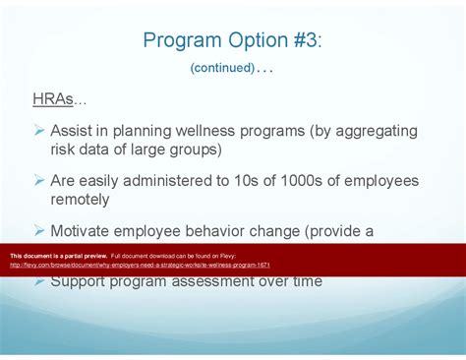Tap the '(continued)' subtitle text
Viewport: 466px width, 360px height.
point(222,68)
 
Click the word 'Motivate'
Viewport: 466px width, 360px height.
point(85,231)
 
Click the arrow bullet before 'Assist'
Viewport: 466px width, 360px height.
point(39,131)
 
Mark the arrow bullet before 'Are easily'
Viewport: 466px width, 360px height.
point(39,181)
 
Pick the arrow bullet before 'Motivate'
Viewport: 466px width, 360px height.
point(39,231)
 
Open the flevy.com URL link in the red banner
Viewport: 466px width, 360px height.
point(140,265)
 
